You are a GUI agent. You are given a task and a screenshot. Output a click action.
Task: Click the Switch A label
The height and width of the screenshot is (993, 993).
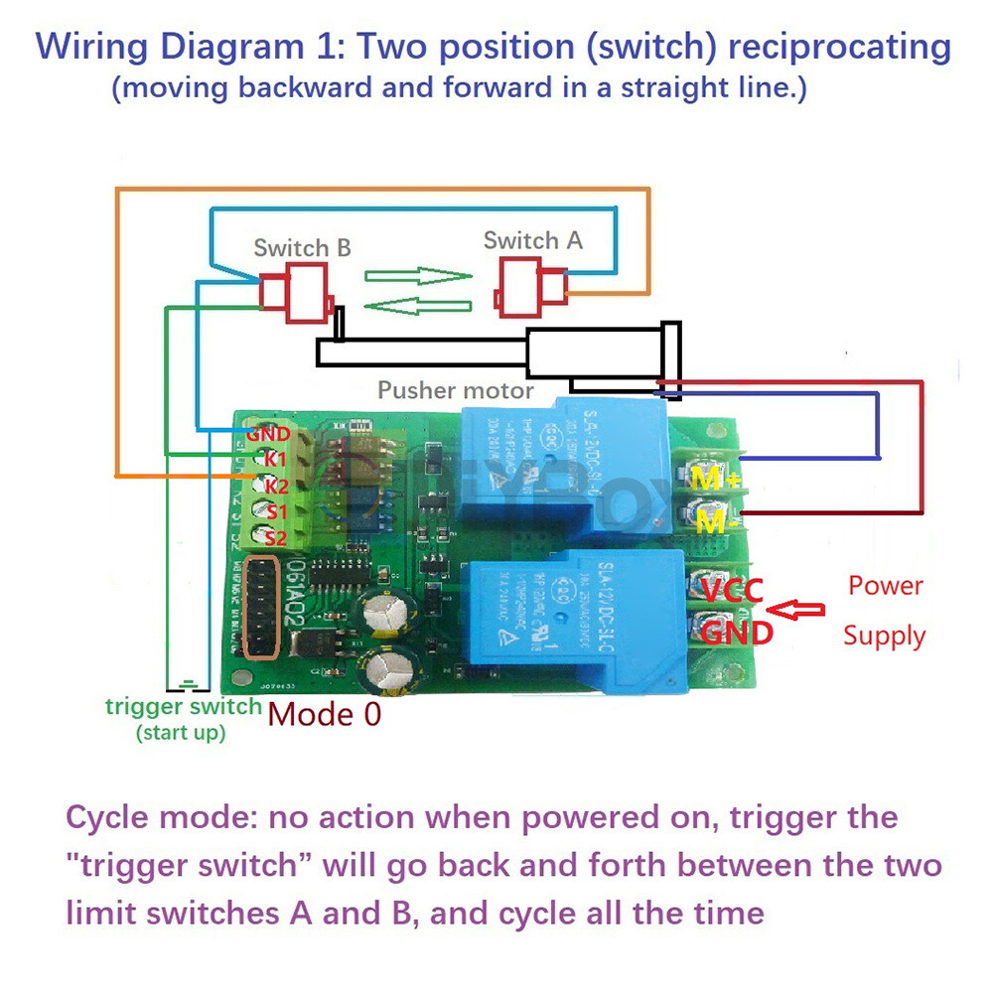[532, 240]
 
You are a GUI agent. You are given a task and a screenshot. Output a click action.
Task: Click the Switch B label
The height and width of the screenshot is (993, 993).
[302, 247]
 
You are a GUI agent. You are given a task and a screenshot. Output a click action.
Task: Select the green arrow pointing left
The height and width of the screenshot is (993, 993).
[416, 303]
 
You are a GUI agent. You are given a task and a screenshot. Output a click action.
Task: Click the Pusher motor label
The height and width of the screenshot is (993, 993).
[455, 390]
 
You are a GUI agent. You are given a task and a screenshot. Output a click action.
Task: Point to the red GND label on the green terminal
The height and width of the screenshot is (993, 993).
[268, 434]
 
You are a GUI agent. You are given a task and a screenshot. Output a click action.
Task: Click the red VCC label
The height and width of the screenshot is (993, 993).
[733, 591]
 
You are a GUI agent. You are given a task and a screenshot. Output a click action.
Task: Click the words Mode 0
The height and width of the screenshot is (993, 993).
[325, 714]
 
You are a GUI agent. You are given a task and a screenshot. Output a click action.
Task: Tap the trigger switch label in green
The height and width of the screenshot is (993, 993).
[184, 707]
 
